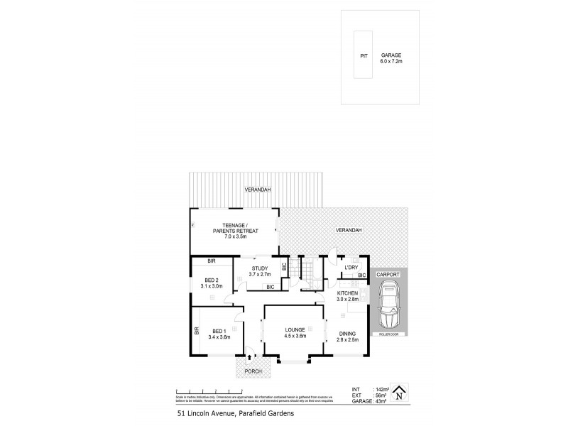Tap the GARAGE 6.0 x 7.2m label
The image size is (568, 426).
click(x=390, y=58)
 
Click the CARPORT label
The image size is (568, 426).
click(x=388, y=273)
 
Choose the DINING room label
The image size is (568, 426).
click(x=347, y=336)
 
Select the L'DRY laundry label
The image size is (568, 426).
click(x=350, y=268)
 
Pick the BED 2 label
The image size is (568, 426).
click(x=212, y=283)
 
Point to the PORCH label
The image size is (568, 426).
click(x=253, y=371)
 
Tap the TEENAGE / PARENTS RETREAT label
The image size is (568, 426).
click(x=235, y=227)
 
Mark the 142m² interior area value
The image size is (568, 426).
click(x=381, y=389)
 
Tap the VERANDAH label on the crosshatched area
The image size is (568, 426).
click(x=348, y=230)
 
